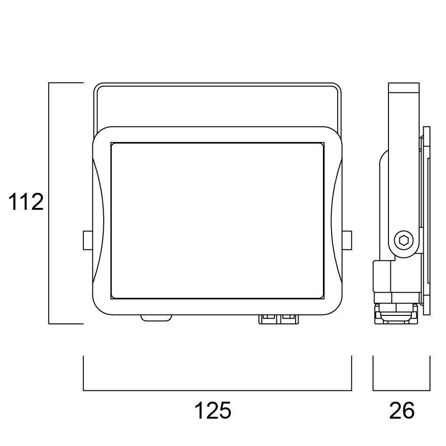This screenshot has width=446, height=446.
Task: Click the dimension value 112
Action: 26,202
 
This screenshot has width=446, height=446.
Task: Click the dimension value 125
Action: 213,411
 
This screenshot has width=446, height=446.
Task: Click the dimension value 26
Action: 402,411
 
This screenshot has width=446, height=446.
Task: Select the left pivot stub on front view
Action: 88,240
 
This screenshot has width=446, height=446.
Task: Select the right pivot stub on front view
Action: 347,240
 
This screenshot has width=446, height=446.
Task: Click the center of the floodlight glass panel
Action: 217,220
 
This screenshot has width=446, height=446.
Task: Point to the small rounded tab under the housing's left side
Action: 157,318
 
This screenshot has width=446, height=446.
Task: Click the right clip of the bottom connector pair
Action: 289,319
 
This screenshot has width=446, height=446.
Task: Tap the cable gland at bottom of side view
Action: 396,314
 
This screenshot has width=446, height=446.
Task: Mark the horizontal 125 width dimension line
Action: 217,390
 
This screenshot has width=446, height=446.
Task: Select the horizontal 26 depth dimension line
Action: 401,390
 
